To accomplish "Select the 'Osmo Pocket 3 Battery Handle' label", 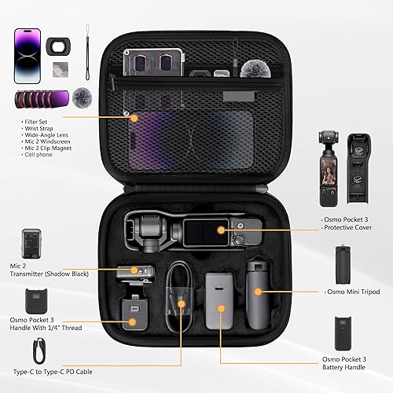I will (354, 363).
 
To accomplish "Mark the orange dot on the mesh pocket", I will (134, 119).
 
